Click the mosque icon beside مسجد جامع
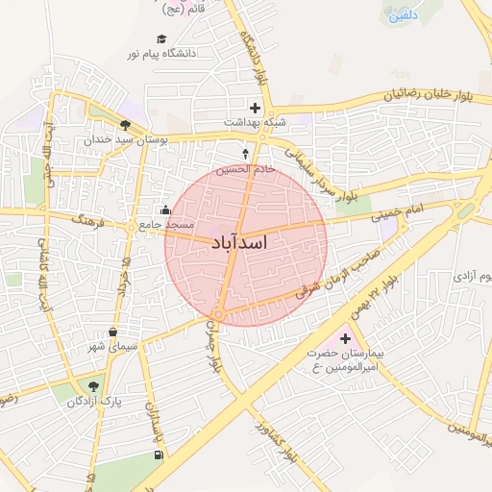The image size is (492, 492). coord(165,209)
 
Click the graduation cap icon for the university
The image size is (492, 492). coord(161,39)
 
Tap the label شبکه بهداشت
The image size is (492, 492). coord(256,122)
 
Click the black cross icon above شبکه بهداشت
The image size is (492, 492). coord(255,108)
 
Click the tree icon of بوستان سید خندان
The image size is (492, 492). coord(125,125)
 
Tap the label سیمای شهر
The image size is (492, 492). coord(113,346)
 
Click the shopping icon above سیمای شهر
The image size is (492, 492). coord(113,332)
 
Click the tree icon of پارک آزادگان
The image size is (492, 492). coord(93,386)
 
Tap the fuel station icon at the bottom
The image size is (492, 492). coord(158,455)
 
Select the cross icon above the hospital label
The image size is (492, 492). coord(345,339)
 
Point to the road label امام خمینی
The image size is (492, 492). coord(396,213)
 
